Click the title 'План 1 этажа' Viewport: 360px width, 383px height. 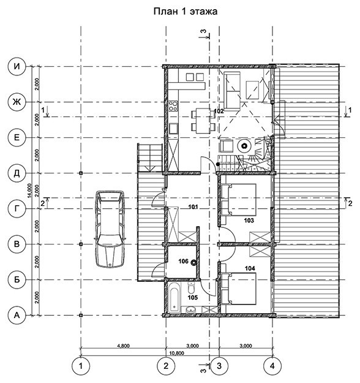tap(186, 11)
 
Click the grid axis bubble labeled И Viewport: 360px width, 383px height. tap(17, 66)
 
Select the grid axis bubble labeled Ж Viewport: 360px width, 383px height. tap(17, 102)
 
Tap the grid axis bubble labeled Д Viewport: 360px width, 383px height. tap(17, 173)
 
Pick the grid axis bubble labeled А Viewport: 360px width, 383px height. tap(17, 316)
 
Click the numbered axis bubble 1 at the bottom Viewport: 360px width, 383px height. tap(81, 366)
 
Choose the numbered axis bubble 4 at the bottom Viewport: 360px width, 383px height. tap(272, 366)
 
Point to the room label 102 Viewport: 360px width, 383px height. tap(219, 112)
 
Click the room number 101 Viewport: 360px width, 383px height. tap(193, 207)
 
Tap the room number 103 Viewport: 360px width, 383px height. tap(249, 221)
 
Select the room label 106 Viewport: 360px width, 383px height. tap(183, 261)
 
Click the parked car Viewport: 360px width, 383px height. tap(110, 229)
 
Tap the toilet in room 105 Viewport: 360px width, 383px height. tap(191, 288)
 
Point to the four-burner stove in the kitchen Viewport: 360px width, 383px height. tap(173, 106)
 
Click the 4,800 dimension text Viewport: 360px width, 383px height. tap(124, 346)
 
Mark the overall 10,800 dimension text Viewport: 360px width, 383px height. tap(176, 353)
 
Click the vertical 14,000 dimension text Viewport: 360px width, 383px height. tap(29, 191)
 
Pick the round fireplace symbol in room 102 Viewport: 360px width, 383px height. tap(244, 146)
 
